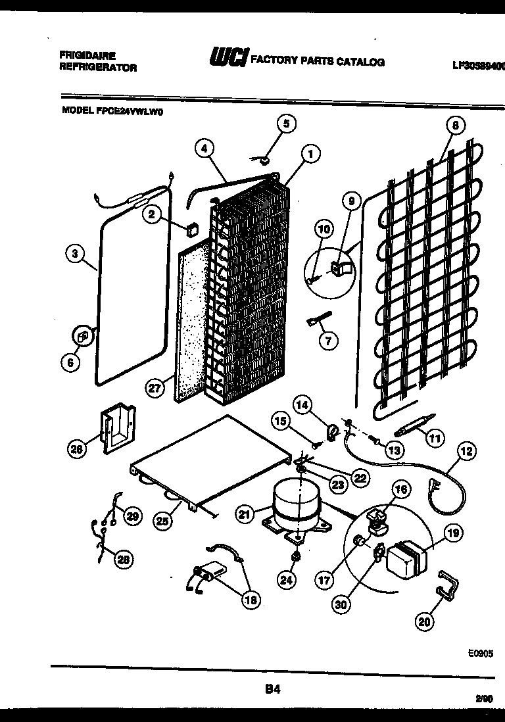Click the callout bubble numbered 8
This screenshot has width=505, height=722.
coord(454,124)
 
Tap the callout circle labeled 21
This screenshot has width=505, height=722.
coord(245,516)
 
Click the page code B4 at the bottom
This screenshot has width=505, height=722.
coord(273,689)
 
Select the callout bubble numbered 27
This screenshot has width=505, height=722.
coord(154,389)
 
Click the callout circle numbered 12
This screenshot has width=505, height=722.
coord(466,452)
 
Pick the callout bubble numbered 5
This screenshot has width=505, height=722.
coord(268,122)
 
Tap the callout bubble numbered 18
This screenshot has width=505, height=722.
coord(251,599)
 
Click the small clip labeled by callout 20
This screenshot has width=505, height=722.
coord(448,585)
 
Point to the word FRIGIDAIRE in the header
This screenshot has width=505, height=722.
coord(78,57)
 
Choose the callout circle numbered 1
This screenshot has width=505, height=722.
coord(309,154)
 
